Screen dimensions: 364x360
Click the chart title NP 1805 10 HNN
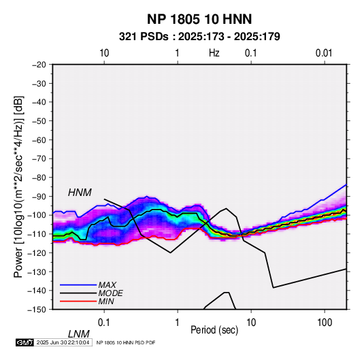199,19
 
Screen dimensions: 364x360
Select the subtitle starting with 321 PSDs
199,37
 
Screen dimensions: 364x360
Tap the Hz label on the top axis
214,53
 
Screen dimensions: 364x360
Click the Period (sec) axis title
214,330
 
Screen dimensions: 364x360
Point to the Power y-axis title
18,186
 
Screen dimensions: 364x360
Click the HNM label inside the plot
80,193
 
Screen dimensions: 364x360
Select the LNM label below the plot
78,334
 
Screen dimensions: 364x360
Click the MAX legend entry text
107,285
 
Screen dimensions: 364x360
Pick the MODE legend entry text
110,293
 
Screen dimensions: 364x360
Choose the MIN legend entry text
106,301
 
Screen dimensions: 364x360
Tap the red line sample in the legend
78,301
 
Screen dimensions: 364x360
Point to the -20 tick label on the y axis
39,65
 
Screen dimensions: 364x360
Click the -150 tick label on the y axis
37,310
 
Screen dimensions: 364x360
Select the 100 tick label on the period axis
325,323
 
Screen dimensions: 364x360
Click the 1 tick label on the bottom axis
178,323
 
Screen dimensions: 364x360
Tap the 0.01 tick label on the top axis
324,53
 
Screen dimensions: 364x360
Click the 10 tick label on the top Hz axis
104,53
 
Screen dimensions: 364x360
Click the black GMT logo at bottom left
24,342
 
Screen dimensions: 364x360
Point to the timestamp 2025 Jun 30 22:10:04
63,342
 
